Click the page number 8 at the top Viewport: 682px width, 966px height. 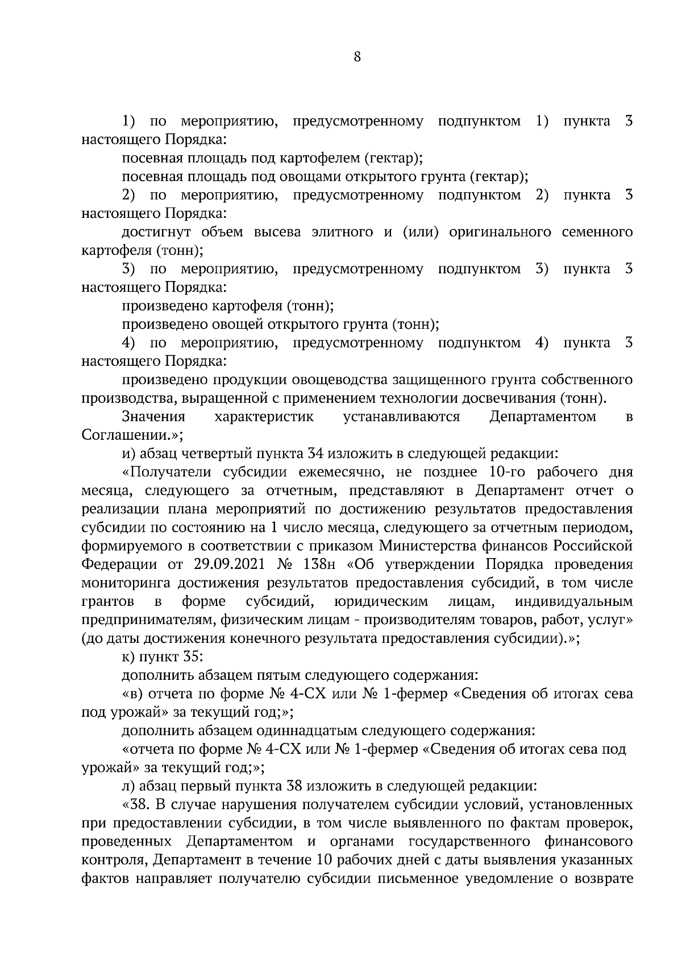pyautogui.click(x=357, y=56)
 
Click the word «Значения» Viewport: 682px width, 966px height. pyautogui.click(x=153, y=416)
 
